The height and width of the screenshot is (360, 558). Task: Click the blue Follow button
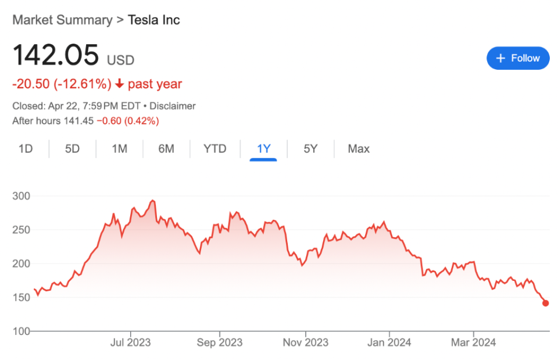pos(518,58)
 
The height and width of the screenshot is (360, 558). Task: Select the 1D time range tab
pos(26,149)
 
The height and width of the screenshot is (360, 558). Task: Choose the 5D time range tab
pos(72,149)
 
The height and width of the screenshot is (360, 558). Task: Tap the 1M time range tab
pos(120,149)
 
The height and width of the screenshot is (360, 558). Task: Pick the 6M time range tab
pos(166,149)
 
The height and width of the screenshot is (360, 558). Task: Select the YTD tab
pos(215,149)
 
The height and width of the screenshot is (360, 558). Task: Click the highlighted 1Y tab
pos(264,149)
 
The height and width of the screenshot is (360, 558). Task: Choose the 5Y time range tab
pos(310,149)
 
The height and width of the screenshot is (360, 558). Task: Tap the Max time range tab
pos(359,149)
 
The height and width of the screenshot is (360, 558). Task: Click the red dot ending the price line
pos(546,304)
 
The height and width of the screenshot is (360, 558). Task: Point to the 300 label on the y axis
pos(22,196)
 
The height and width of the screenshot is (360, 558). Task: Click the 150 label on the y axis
pos(22,297)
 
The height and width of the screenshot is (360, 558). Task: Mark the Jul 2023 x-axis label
pos(131,343)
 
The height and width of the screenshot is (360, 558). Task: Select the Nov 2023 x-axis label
pos(306,343)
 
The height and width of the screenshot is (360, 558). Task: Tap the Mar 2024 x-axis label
pos(473,343)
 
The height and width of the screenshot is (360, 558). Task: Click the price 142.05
pos(56,55)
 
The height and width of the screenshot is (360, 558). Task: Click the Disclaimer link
pos(173,106)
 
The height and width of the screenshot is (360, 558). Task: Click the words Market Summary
pos(62,20)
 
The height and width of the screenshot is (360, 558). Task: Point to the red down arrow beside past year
pos(120,84)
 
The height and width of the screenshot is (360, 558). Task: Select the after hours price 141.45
pos(78,121)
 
